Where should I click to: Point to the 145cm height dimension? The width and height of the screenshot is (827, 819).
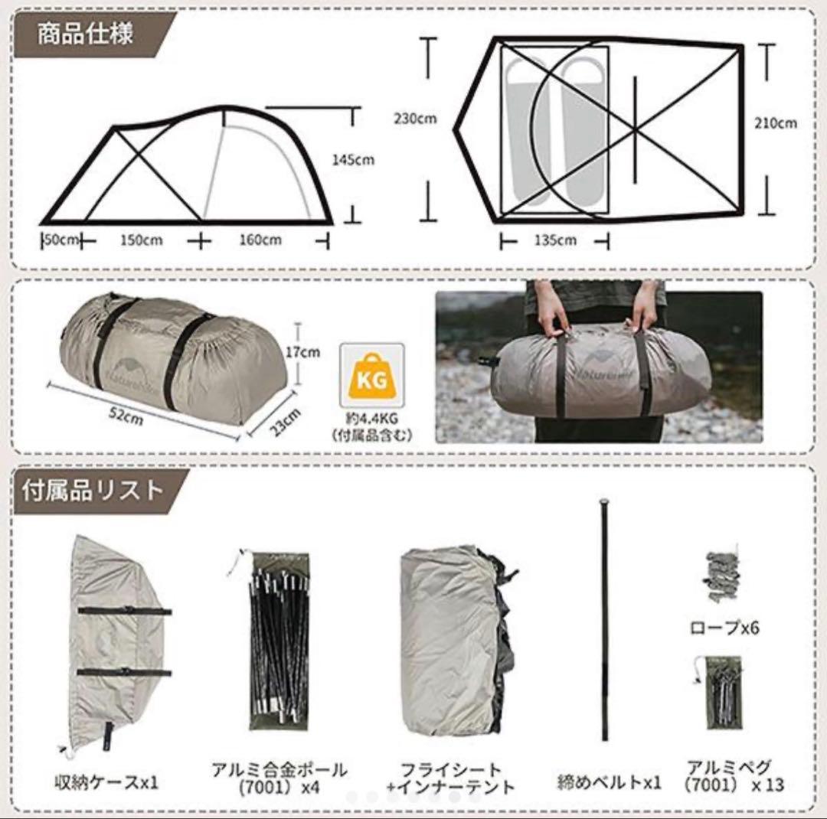point(353,160)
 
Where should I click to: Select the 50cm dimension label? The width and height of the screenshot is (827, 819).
point(61,240)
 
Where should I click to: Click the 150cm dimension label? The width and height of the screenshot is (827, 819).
point(141,240)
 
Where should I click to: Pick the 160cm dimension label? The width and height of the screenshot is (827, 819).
point(260,240)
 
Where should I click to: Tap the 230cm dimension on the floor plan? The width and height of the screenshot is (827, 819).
point(415,119)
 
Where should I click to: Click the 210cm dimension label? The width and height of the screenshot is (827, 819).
point(775,122)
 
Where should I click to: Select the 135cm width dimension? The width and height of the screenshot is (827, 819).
point(556,241)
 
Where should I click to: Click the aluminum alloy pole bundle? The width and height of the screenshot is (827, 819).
point(279,639)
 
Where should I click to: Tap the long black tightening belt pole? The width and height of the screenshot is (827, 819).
point(605,620)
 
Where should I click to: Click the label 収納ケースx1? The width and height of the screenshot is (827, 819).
point(106,783)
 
